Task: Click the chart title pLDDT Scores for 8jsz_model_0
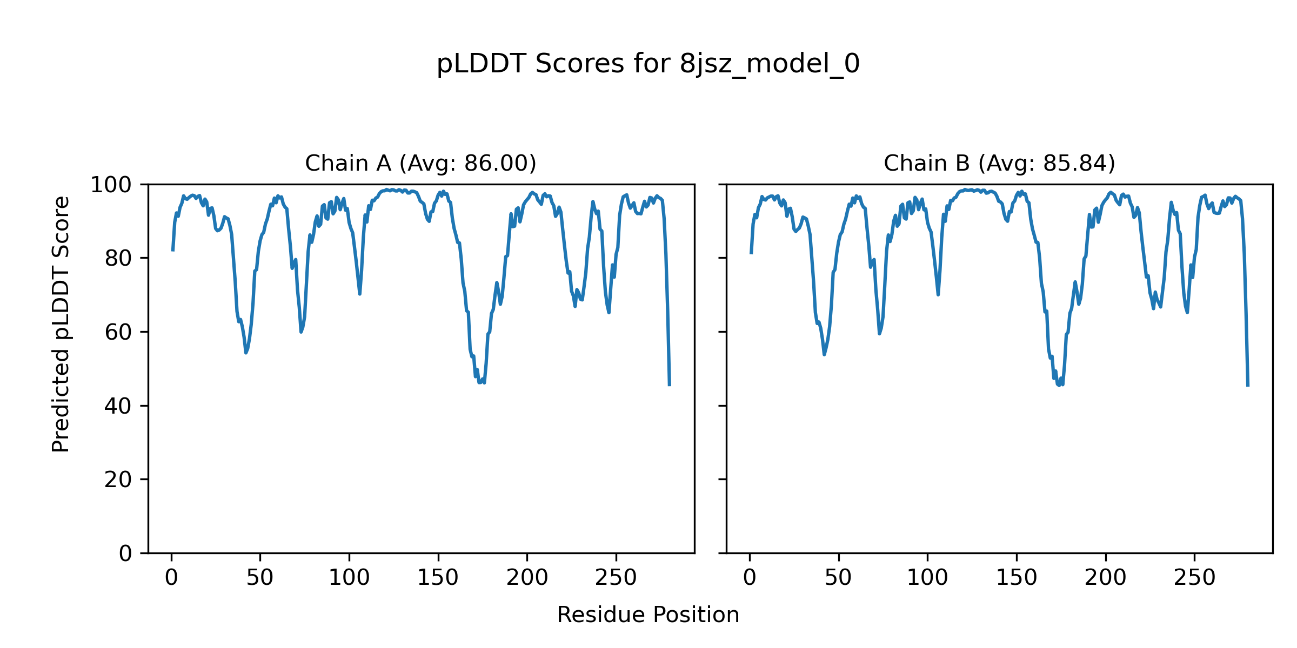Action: (x=648, y=64)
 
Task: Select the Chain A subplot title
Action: (x=420, y=163)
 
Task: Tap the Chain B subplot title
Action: (x=999, y=163)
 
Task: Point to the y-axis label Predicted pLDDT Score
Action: (x=61, y=324)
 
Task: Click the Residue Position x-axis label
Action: (x=648, y=615)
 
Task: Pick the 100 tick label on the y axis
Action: (x=111, y=185)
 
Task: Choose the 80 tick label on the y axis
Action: (x=118, y=259)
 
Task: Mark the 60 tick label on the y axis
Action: (x=118, y=333)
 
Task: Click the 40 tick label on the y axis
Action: (x=118, y=406)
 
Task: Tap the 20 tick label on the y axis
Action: (x=118, y=480)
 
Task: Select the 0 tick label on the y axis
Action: (x=125, y=553)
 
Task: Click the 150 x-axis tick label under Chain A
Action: (x=438, y=578)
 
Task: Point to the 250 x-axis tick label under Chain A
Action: (x=616, y=578)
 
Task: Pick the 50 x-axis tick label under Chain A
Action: (x=260, y=578)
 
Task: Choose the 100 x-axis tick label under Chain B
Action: (x=927, y=578)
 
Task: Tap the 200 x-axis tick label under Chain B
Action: (x=1105, y=578)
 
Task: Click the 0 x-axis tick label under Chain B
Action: (x=750, y=578)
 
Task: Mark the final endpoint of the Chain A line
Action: (x=670, y=385)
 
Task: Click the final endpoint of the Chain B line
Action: (x=1248, y=386)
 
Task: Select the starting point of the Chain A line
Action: (x=172, y=251)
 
